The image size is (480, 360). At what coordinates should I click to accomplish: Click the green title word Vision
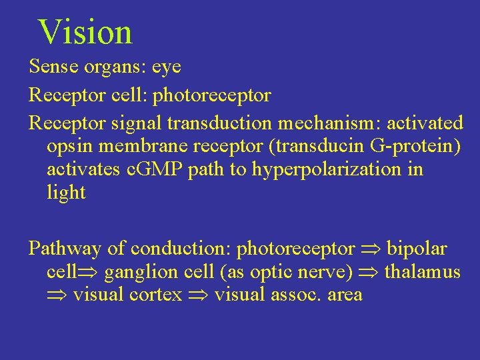coord(85,32)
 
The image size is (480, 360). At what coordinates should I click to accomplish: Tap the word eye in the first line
coord(167,67)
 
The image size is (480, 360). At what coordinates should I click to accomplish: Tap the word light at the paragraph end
coord(66,193)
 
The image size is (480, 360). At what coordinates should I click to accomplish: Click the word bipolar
coord(417,249)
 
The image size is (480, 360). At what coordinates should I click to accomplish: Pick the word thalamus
coord(423,272)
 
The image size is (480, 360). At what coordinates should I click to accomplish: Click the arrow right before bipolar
coord(371,249)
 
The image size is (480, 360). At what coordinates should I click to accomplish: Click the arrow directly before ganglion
coord(92,273)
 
